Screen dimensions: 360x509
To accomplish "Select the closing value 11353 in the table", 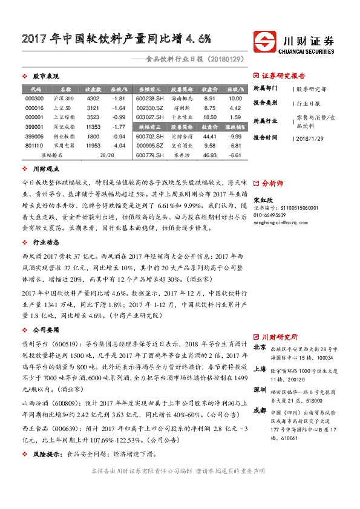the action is (93, 127).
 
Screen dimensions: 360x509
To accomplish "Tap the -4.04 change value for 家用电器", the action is (119, 146).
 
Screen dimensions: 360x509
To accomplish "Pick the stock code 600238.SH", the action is (149, 98).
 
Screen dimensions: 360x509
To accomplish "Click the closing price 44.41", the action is (210, 137).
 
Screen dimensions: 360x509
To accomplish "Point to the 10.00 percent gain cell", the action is (235, 98).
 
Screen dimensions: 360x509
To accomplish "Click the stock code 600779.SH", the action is (149, 155).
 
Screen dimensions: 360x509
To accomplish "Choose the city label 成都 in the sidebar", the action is (260, 409).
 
